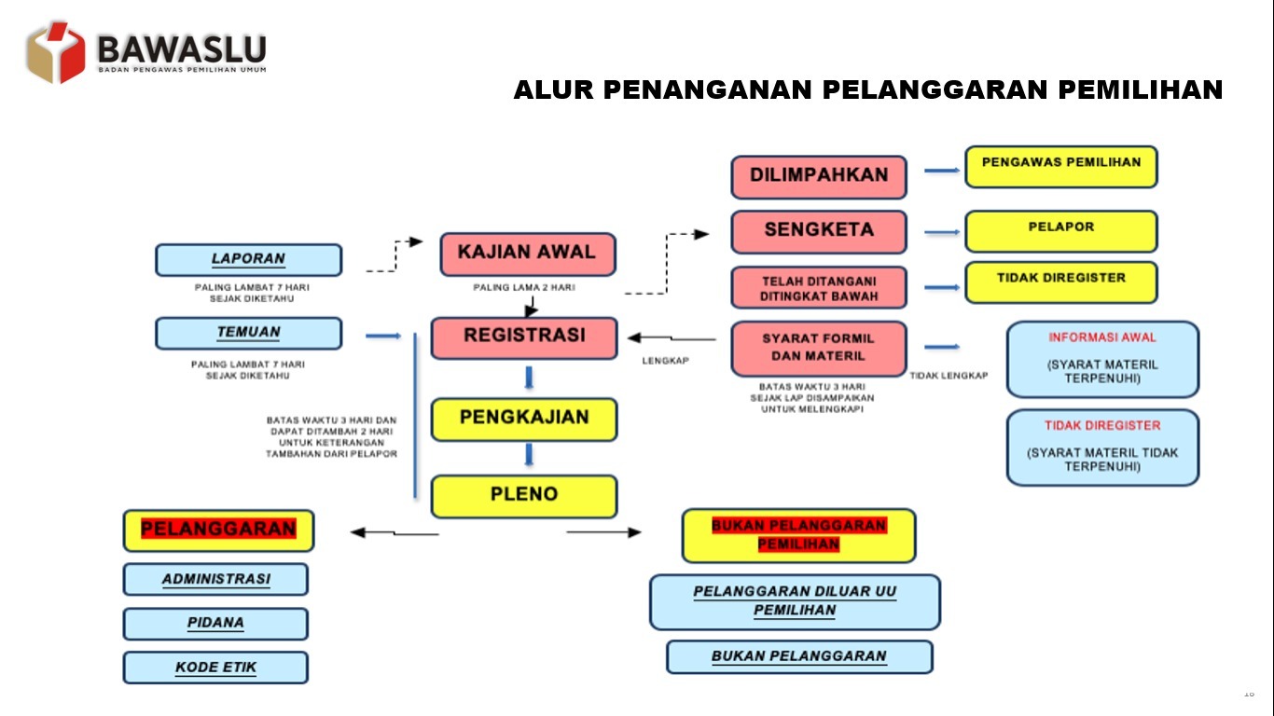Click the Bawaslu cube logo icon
(x=56, y=52)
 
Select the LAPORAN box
(x=248, y=260)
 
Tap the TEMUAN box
(x=248, y=333)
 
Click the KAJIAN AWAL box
(x=528, y=255)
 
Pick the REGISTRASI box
(x=524, y=337)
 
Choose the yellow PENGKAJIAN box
(x=524, y=420)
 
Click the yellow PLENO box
(x=524, y=497)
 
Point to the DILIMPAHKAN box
(x=819, y=177)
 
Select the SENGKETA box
(x=819, y=232)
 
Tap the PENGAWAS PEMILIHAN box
(x=1061, y=167)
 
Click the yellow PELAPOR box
(x=1061, y=231)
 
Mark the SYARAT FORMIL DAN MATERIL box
(x=819, y=349)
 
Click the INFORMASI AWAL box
(x=1102, y=360)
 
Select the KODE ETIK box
(x=215, y=668)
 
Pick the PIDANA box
(x=215, y=624)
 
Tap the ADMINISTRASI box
(x=215, y=580)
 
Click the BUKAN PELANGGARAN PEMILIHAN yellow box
(x=799, y=536)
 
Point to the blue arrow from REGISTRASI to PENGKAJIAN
(x=529, y=378)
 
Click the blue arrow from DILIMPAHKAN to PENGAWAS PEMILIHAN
(x=942, y=170)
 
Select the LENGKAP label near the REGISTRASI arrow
(x=665, y=361)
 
